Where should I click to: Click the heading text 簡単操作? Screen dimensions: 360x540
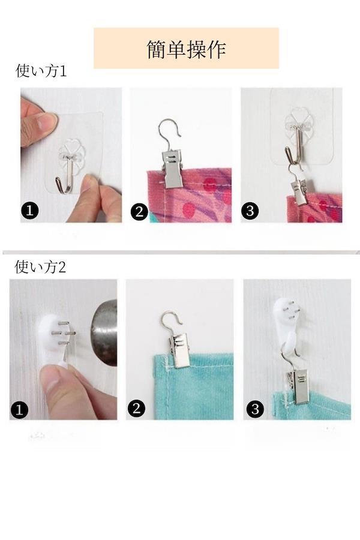(187, 49)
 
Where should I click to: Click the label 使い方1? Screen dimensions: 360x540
(41, 71)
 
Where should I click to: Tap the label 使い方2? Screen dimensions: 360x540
(40, 267)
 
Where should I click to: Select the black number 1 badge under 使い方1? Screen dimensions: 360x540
(30, 210)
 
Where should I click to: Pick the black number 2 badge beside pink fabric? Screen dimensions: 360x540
(139, 211)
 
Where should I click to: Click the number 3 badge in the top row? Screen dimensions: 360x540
(250, 211)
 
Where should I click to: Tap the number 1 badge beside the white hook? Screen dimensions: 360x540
(19, 410)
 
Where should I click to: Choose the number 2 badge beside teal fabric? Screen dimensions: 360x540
(136, 408)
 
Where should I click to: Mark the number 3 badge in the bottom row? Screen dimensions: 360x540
(255, 409)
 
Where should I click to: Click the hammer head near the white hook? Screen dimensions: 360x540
(104, 332)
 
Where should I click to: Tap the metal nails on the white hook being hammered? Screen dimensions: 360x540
(64, 333)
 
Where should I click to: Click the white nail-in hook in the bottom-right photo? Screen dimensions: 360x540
(287, 326)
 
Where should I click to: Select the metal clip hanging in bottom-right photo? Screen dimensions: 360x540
(296, 385)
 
